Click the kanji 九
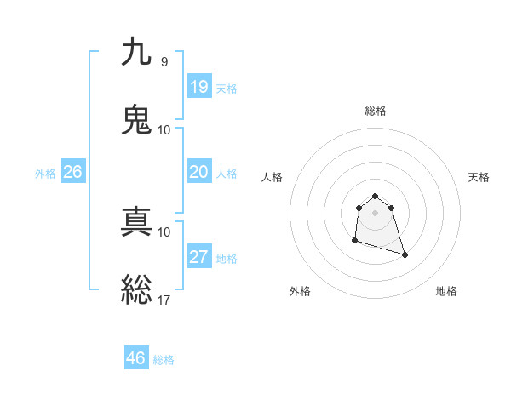(x=137, y=53)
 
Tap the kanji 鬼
(x=137, y=120)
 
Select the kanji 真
(x=137, y=222)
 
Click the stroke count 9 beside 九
(x=164, y=62)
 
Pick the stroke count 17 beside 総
(x=164, y=300)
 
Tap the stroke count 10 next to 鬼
(x=164, y=129)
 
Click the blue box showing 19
(x=198, y=86)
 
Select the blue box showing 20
(x=198, y=172)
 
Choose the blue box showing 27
(x=198, y=257)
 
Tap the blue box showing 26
(x=72, y=172)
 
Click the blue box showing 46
(x=135, y=358)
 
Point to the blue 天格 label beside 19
(x=227, y=89)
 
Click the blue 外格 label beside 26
(x=45, y=174)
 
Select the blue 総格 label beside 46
(x=164, y=360)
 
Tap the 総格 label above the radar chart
(x=376, y=111)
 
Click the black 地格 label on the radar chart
(x=446, y=291)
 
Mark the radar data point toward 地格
(x=405, y=254)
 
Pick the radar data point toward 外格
(x=354, y=241)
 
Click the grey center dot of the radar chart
(x=376, y=212)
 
